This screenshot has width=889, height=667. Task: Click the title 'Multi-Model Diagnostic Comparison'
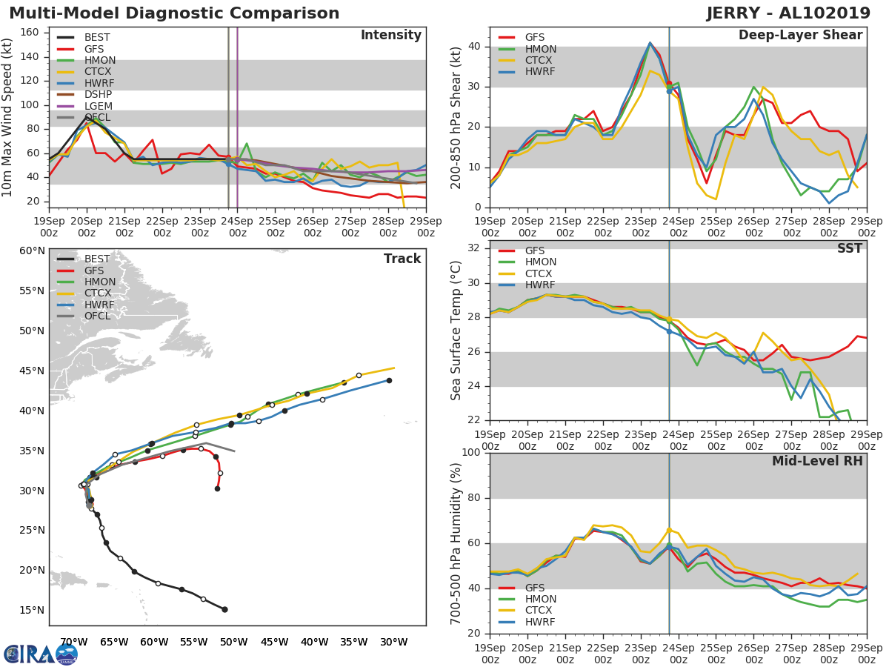tap(174, 13)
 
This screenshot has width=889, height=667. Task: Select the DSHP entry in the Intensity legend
tap(98, 95)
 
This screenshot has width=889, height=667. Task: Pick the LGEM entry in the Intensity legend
tap(98, 106)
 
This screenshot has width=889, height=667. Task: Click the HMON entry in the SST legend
tap(540, 262)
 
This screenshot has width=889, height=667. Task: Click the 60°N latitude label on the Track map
tap(31, 251)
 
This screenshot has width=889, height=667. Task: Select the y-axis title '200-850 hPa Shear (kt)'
tap(456, 117)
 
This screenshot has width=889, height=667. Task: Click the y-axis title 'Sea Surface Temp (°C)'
tap(456, 330)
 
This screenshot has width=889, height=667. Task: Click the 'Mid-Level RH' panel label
tap(817, 462)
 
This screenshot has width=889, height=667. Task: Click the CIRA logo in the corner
tap(40, 654)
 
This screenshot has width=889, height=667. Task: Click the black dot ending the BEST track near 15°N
tap(224, 609)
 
